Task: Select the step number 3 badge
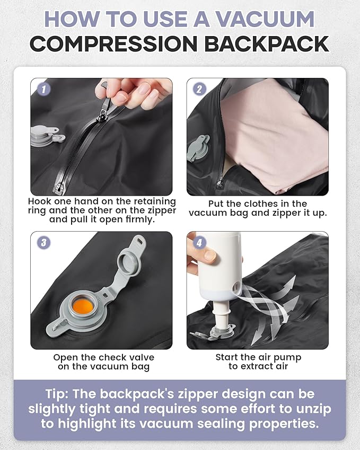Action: click(x=43, y=243)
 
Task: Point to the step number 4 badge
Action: click(x=199, y=243)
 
